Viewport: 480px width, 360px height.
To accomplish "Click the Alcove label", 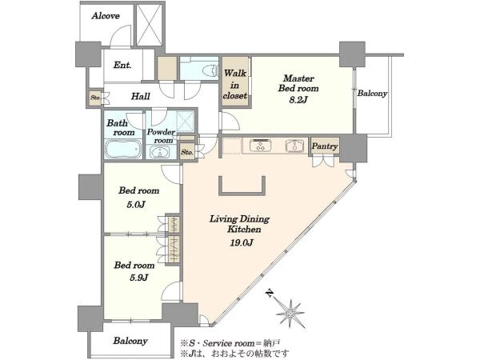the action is click(106, 16).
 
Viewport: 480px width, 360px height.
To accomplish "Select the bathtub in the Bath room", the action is click(123, 149).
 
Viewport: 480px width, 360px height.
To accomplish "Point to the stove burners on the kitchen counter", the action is click(261, 145).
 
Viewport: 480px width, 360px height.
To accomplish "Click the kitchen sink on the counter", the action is click(295, 146).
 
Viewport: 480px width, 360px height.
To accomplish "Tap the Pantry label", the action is click(325, 146).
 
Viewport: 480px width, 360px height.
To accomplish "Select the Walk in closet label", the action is click(235, 84).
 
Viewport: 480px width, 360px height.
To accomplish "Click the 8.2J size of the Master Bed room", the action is click(298, 100).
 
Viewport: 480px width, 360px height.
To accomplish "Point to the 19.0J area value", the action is click(242, 242).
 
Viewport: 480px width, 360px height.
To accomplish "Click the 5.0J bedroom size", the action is click(136, 205).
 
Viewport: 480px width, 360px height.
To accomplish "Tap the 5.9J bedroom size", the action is click(139, 278).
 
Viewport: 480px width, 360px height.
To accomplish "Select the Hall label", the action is click(141, 97).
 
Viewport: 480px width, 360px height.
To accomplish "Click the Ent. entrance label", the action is click(122, 66).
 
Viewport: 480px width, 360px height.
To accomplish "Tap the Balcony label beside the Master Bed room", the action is click(372, 94).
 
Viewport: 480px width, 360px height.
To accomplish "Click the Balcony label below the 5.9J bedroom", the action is click(130, 341).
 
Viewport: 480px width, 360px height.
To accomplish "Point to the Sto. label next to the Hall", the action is click(95, 98).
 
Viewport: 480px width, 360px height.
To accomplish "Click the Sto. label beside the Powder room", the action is click(187, 152).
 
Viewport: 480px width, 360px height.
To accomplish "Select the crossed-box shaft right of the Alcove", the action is click(149, 25).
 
